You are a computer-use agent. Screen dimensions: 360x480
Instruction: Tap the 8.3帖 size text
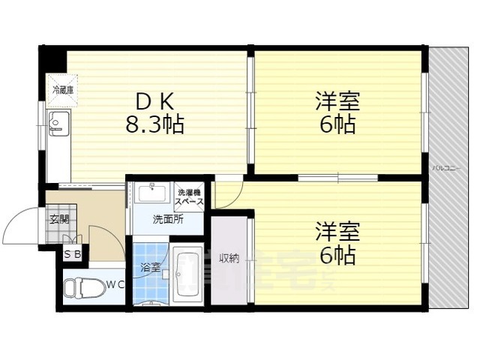154,124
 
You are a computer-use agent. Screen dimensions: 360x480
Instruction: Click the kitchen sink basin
57,120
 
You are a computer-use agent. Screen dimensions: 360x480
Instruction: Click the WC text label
114,284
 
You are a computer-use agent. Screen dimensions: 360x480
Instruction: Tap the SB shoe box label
73,255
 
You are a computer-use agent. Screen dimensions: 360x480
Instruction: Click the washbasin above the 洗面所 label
155,194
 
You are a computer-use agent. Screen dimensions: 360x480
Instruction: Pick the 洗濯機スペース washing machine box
188,196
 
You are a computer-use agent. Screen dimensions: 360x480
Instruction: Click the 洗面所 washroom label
166,220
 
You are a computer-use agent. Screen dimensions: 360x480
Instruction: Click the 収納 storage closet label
229,259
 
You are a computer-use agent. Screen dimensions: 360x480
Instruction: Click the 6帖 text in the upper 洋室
337,125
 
